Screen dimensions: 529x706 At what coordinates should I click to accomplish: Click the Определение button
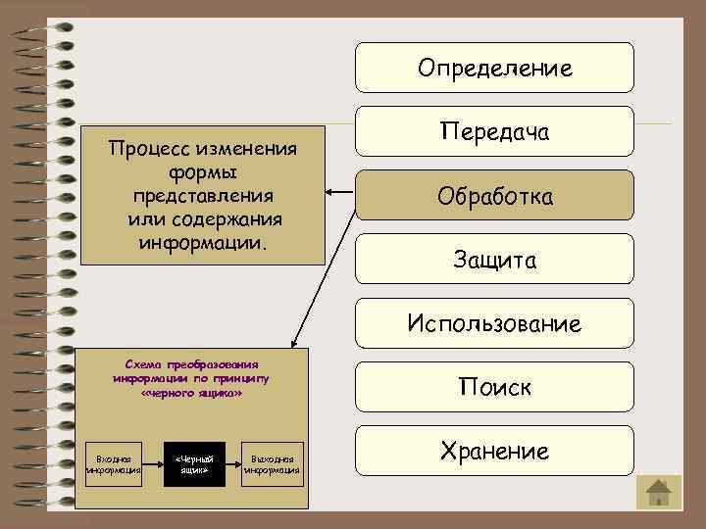pyautogui.click(x=494, y=68)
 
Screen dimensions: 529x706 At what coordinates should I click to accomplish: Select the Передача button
pyautogui.click(x=494, y=131)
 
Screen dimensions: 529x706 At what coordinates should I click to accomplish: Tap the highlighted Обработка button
pyautogui.click(x=494, y=196)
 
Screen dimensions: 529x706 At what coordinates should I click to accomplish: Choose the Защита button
pyautogui.click(x=494, y=260)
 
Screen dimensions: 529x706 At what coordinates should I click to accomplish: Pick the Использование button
pyautogui.click(x=494, y=323)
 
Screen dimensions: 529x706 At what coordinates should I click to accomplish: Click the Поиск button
pyautogui.click(x=494, y=387)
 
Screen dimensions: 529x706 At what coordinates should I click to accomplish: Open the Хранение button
pyautogui.click(x=494, y=451)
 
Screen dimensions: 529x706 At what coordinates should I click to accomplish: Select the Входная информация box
pyautogui.click(x=115, y=463)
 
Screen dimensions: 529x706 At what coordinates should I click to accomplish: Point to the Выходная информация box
pyautogui.click(x=274, y=463)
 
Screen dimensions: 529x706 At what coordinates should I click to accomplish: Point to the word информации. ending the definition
pyautogui.click(x=202, y=238)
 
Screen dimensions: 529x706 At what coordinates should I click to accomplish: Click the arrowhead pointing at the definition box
pyautogui.click(x=330, y=192)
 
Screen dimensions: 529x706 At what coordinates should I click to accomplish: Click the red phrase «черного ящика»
pyautogui.click(x=192, y=393)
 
